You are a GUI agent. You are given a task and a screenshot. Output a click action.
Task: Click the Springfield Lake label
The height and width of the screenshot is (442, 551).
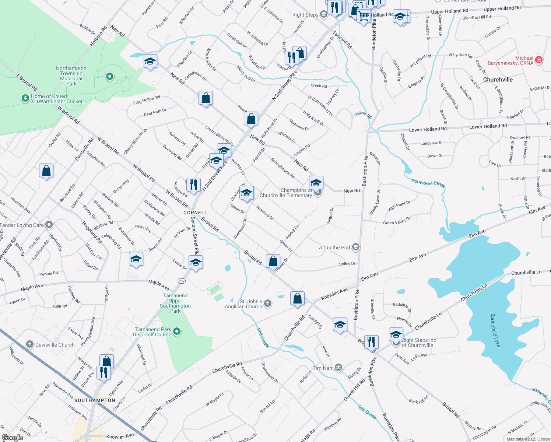click(495, 330)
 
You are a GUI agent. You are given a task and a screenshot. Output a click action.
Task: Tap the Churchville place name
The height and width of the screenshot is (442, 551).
click(498, 80)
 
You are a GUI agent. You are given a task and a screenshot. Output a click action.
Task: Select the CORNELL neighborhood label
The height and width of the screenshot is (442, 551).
click(195, 213)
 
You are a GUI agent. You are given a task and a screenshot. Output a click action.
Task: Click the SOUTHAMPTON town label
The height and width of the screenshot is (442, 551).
click(95, 400)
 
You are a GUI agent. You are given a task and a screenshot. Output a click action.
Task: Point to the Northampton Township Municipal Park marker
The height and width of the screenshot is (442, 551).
click(109, 77)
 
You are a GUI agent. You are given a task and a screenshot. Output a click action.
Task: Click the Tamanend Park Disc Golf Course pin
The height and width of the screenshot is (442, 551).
click(177, 332)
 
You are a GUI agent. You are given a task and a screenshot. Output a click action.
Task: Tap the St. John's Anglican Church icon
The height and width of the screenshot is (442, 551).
click(268, 304)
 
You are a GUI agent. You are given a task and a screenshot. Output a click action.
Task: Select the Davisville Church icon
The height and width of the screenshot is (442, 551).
click(30, 344)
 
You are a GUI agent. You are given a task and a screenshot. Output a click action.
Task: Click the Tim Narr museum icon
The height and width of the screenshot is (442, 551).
click(338, 368)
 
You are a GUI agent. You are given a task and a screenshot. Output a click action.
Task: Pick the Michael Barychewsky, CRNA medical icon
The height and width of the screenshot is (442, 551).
click(538, 60)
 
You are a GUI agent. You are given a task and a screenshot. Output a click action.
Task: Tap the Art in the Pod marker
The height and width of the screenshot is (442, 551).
click(355, 247)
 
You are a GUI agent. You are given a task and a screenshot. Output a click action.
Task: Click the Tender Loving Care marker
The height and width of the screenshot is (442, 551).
click(49, 225)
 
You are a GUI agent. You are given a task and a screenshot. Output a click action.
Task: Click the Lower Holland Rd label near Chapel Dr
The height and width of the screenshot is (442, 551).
click(428, 129)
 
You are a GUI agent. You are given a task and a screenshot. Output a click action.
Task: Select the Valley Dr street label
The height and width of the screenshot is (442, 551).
click(347, 264)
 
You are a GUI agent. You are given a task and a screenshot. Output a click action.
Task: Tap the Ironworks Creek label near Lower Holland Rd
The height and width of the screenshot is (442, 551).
click(428, 183)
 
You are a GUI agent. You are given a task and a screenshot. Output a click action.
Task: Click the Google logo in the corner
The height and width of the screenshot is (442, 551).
click(13, 437)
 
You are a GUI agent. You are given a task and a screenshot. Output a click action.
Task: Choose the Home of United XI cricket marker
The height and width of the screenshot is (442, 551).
click(25, 98)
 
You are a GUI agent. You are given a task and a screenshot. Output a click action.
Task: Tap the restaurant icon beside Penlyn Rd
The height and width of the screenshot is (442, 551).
click(193, 184)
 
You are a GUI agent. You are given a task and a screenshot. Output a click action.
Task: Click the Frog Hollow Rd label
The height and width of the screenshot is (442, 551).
click(147, 100)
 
